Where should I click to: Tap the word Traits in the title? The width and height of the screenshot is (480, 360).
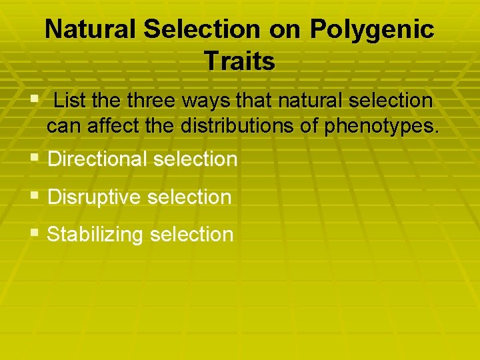tap(240, 61)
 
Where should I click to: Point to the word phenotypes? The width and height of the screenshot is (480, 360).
tap(381, 126)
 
